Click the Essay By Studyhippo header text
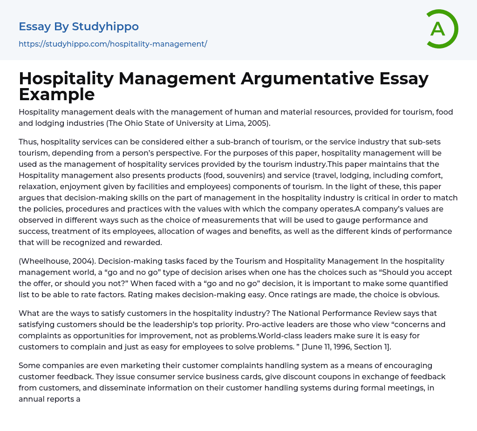(x=79, y=27)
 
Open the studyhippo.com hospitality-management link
(x=113, y=44)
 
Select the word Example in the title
(x=57, y=95)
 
